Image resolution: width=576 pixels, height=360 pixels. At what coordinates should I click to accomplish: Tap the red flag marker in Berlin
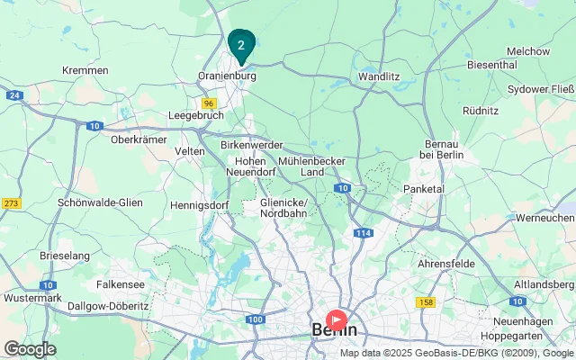pos(337,319)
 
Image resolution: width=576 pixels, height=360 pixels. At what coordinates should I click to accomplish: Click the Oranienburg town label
pos(227,77)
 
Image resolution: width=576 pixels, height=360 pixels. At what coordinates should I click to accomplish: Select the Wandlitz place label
pos(379,77)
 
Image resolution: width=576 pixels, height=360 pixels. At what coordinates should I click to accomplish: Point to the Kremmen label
pos(85,70)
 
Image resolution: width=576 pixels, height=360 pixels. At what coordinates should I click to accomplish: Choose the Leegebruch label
pos(195,116)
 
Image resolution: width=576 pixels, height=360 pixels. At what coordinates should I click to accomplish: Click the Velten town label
pos(190,151)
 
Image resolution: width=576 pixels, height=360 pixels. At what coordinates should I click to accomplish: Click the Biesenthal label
pos(491,65)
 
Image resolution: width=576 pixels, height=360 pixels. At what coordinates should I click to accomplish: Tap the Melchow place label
pos(528,51)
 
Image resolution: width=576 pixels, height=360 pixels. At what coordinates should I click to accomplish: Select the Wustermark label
pos(32,297)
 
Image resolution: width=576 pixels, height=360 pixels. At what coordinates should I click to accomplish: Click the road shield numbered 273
pos(12,203)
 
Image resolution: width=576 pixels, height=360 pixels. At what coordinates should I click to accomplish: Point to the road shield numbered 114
pos(363,233)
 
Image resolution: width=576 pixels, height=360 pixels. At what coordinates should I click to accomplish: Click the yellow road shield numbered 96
pos(209,103)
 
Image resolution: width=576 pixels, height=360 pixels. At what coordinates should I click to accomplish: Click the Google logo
pos(30,349)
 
